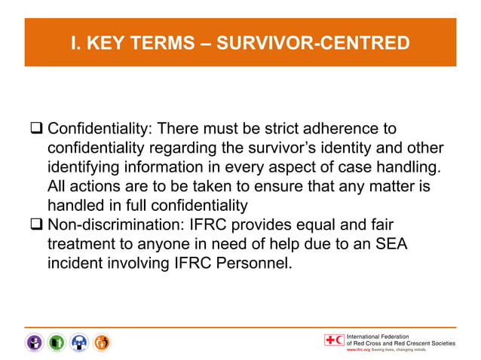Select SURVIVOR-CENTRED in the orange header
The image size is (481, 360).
[313, 43]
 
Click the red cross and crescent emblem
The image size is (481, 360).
[333, 340]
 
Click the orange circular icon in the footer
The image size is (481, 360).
[103, 342]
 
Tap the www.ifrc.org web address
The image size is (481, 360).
[360, 350]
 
